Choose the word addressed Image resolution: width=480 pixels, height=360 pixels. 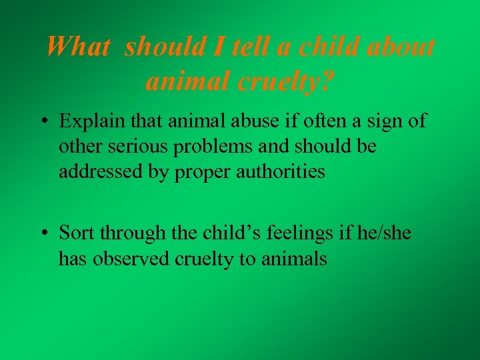click(x=98, y=172)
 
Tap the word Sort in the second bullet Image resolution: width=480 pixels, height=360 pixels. click(x=75, y=233)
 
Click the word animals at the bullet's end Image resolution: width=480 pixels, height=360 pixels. click(x=297, y=258)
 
